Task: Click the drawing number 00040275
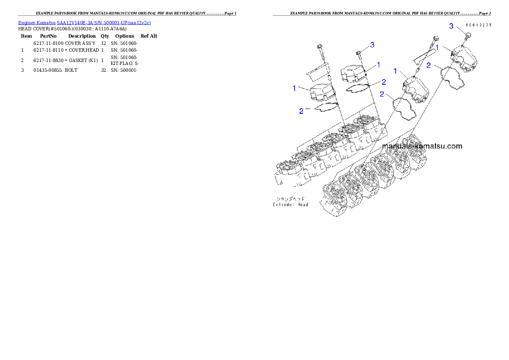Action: [x=478, y=25]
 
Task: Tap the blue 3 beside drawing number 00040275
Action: [x=451, y=26]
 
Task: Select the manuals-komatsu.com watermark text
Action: [x=422, y=146]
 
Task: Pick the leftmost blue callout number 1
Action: [x=294, y=88]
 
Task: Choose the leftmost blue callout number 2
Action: [x=301, y=111]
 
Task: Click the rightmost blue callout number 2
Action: [x=428, y=66]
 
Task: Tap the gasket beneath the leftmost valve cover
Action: [x=326, y=106]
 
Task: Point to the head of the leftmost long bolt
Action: [x=319, y=47]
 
